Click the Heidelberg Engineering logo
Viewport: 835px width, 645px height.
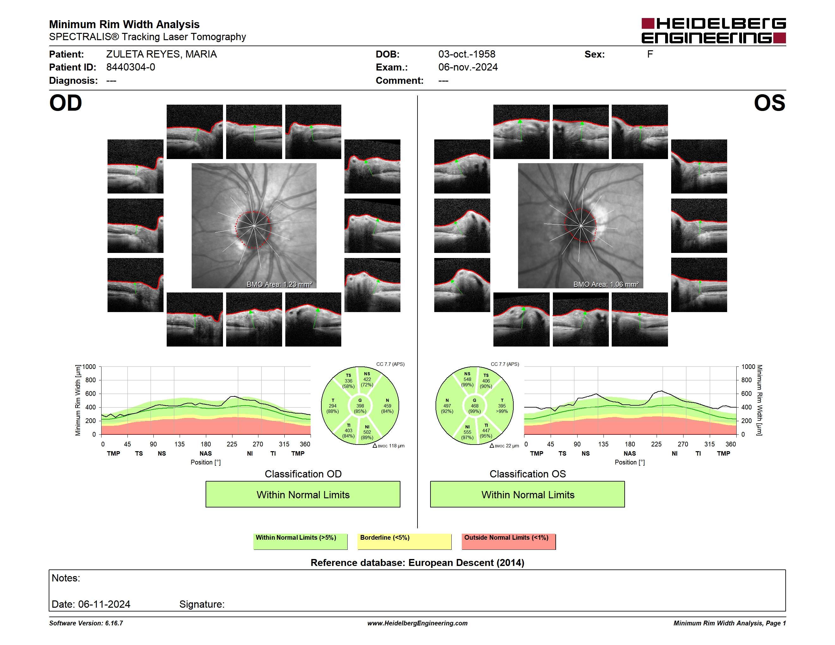[x=714, y=31]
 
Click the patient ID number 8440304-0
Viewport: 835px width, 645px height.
[x=130, y=67]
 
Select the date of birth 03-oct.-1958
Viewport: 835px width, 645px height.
[x=467, y=54]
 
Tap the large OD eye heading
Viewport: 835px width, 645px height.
[x=65, y=103]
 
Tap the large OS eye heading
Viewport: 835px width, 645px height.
[x=769, y=103]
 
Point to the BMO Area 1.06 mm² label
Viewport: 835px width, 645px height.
[x=606, y=284]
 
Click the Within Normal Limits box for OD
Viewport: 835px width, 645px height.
[x=303, y=494]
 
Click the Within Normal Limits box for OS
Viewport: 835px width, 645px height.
[x=528, y=494]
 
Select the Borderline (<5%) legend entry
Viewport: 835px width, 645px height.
[x=405, y=541]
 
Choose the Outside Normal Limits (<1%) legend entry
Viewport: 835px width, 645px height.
[x=509, y=541]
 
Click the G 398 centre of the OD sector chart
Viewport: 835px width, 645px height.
[x=360, y=406]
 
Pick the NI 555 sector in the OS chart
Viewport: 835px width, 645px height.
[x=467, y=432]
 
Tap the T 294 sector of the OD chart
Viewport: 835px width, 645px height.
[x=333, y=406]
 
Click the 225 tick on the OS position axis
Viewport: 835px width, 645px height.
[x=656, y=444]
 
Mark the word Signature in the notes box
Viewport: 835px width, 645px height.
[x=202, y=604]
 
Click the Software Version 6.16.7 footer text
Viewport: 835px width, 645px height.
[x=86, y=623]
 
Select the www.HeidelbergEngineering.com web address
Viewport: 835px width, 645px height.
[x=417, y=623]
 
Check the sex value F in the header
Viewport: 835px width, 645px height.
[x=650, y=54]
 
